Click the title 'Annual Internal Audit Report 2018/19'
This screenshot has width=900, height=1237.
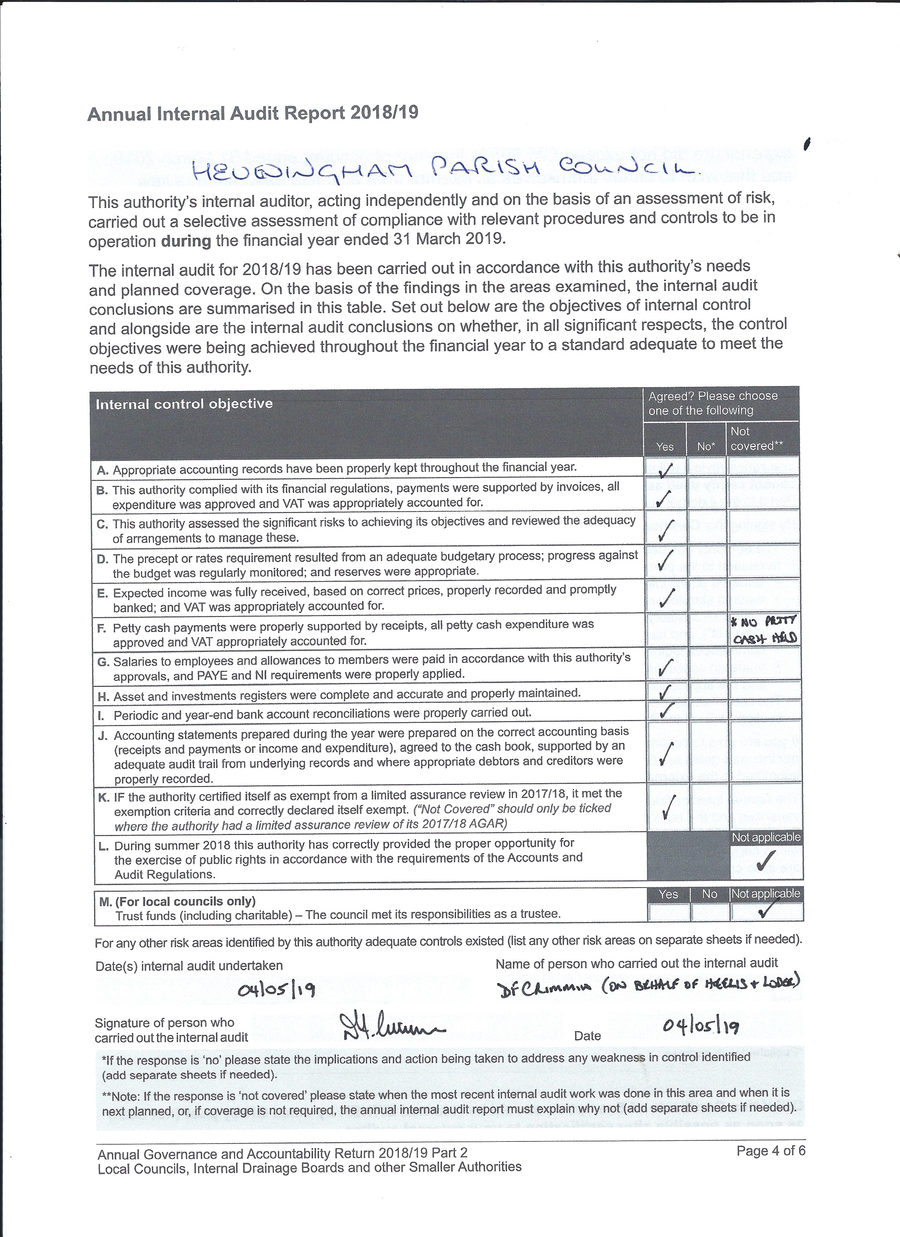click(253, 114)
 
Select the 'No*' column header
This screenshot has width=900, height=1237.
click(706, 446)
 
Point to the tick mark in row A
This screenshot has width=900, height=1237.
click(665, 469)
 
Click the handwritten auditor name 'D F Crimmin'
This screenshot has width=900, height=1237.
click(544, 988)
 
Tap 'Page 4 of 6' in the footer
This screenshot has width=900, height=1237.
click(770, 1151)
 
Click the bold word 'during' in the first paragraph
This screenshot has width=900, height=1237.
click(186, 241)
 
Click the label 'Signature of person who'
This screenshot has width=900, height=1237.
click(164, 1023)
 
